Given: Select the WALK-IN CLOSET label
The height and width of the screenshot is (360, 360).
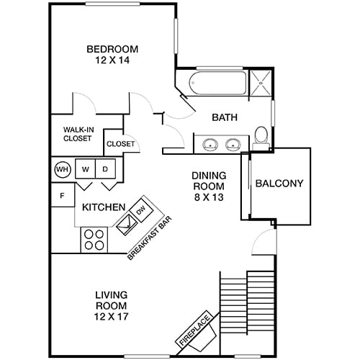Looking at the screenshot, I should coord(77,134).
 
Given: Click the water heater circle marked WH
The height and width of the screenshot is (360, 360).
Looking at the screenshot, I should coord(61,170).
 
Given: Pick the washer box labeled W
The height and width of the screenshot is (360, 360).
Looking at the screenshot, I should coord(85,170).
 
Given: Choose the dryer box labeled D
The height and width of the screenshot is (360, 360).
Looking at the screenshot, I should coord(105,170).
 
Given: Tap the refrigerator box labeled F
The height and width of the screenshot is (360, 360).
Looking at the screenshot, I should coord(62,195).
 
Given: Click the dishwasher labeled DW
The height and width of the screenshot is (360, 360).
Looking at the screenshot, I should coord(140,210).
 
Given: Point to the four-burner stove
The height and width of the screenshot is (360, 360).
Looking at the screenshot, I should coord(94,239).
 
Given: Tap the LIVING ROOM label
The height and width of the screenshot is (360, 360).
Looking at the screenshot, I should coord(112,301).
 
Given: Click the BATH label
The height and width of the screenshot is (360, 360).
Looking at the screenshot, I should coord(225,118).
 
